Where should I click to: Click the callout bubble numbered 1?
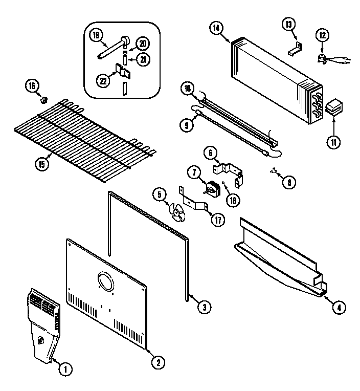(65, 367)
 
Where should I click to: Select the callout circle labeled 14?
(216, 28)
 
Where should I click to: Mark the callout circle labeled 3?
(204, 308)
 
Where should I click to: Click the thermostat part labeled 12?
(323, 58)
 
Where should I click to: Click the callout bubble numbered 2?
(158, 363)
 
